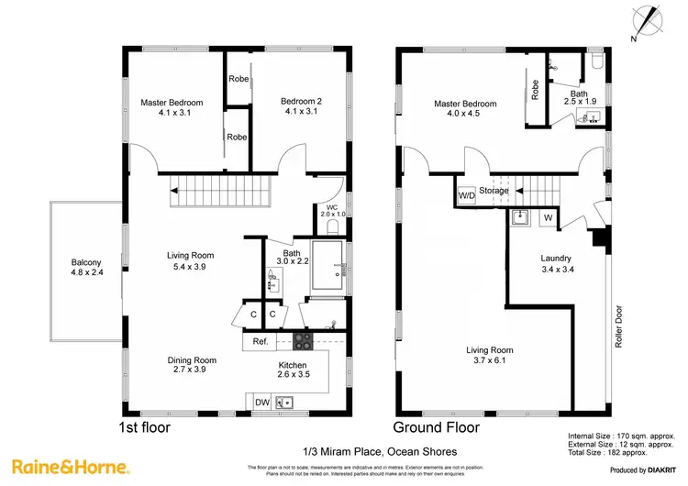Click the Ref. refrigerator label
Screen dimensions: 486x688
(261, 342)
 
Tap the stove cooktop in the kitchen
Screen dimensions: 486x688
(303, 342)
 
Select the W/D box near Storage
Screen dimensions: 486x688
(466, 195)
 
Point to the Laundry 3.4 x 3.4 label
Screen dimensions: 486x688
(558, 264)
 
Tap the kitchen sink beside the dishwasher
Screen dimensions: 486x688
(285, 401)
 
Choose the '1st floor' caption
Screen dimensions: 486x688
(145, 427)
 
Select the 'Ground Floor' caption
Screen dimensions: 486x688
(436, 427)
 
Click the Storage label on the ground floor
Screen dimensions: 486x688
(495, 191)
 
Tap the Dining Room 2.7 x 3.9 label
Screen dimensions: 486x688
(192, 365)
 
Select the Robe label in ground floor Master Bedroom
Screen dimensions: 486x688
(533, 90)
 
